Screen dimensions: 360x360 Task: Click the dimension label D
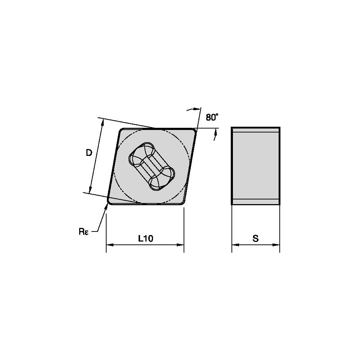pos(89,153)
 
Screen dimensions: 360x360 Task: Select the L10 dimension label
pos(145,239)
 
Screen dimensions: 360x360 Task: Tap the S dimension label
pos(256,239)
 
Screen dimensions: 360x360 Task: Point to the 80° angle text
pos(212,117)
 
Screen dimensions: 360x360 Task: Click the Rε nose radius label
pos(84,231)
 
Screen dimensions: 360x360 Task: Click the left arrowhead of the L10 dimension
pos(109,245)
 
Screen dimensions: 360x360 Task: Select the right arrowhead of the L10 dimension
pos(181,245)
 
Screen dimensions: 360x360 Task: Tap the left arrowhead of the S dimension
pos(235,245)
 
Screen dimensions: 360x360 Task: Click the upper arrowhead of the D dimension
pos(102,122)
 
